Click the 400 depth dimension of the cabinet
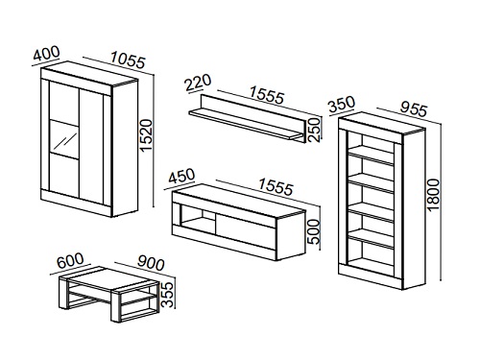pos(47,54)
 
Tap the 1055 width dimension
pos(128,60)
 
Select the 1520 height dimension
pos(147,135)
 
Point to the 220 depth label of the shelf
pos(199,83)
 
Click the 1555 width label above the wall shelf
pos(267,95)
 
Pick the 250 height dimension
pos(315,130)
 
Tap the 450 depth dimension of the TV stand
pos(181,177)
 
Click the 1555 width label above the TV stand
pos(276,186)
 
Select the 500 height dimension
pos(315,231)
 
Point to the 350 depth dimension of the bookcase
pos(342,104)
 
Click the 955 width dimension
pos(413,109)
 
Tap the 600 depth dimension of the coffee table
pos(70,260)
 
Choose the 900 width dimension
pos(151,263)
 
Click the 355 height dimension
pos(168,295)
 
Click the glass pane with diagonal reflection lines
pos(64,139)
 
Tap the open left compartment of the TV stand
pos(199,219)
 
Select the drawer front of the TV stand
pos(245,231)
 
